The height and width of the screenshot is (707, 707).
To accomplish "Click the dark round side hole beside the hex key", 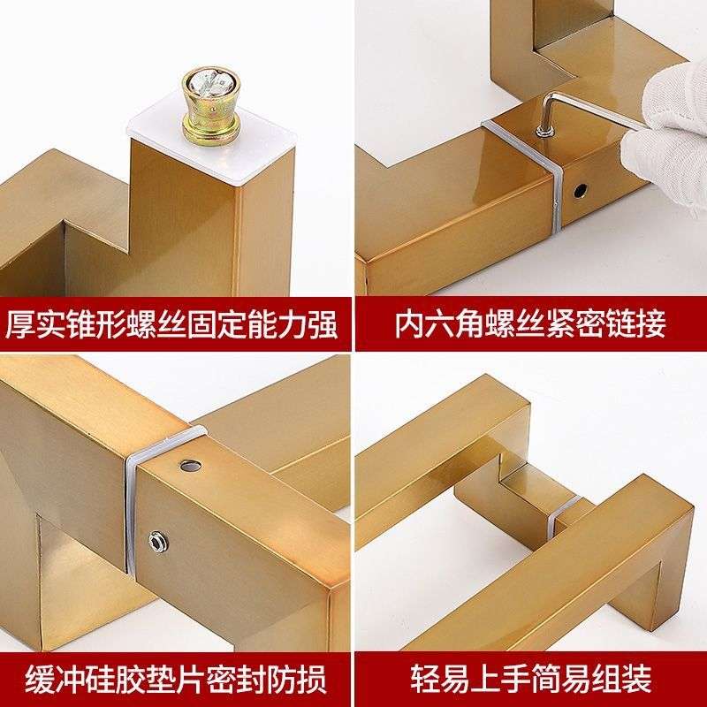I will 581,191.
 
